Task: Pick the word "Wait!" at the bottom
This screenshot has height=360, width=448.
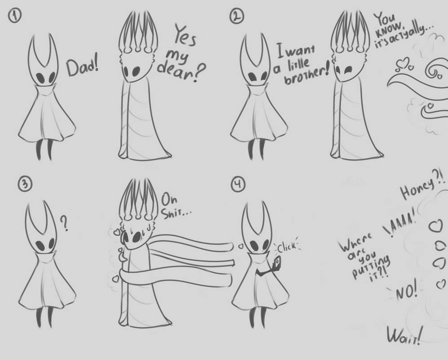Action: (x=405, y=334)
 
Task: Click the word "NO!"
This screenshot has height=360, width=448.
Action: (x=407, y=293)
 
